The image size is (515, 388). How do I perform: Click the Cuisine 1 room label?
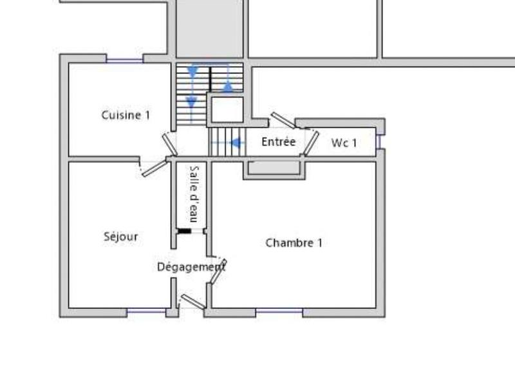(126, 115)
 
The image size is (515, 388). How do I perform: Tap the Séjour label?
(120, 236)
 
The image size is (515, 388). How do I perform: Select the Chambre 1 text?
(294, 243)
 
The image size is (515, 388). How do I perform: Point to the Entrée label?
(278, 142)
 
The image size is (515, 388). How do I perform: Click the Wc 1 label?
(344, 143)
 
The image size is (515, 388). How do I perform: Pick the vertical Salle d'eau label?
(193, 194)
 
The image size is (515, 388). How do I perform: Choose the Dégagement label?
(191, 266)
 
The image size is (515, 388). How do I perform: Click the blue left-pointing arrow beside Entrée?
(236, 143)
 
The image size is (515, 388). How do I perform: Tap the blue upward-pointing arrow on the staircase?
(228, 85)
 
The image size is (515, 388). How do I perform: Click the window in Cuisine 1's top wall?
(124, 60)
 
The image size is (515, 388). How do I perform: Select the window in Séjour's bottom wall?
(146, 312)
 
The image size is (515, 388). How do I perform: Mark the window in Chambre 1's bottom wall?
(279, 312)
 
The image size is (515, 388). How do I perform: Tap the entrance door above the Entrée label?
(282, 120)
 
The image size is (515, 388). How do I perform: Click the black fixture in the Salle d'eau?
(185, 230)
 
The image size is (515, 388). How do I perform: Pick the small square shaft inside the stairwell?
(226, 109)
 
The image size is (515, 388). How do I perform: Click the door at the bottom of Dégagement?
(192, 301)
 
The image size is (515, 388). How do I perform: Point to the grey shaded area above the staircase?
(210, 29)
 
